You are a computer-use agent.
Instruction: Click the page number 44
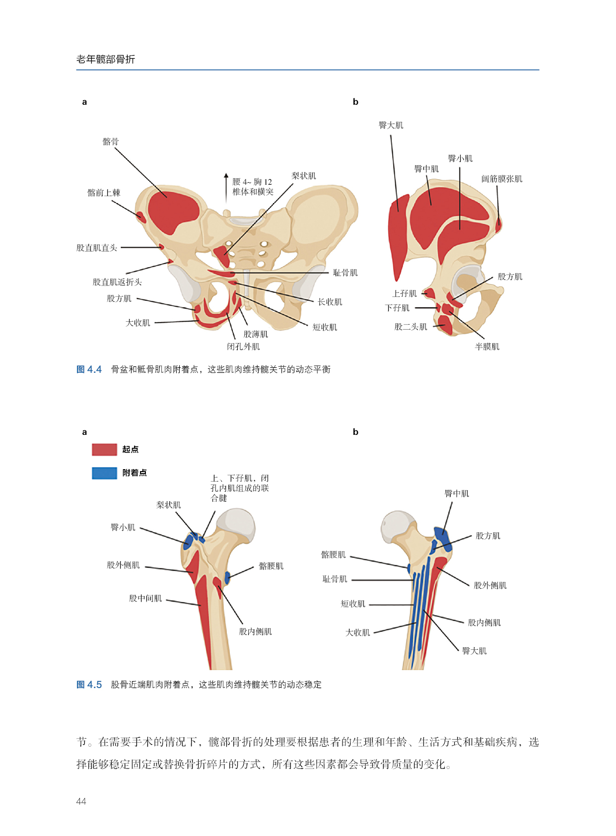coord(81,801)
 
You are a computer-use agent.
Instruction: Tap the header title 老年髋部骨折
coord(105,60)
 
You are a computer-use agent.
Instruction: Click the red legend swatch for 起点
coord(104,449)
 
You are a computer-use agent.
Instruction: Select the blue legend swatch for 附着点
coord(104,473)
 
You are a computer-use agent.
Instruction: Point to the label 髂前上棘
coord(104,193)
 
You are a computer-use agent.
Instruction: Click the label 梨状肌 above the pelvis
coord(303,176)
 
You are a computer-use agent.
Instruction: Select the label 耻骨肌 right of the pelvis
coord(345,273)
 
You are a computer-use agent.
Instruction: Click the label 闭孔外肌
coord(243,347)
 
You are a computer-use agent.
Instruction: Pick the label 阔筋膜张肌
coord(501,179)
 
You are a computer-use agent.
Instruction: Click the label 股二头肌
coord(411,327)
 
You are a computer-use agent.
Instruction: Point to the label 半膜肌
coord(487,347)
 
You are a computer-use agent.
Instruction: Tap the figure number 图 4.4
coord(89,369)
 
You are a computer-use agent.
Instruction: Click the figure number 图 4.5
coord(89,685)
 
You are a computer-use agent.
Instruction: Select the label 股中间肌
coord(145,598)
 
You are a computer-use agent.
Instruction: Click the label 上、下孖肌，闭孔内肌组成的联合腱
coord(239,488)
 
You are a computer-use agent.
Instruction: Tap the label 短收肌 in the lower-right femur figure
coord(353,604)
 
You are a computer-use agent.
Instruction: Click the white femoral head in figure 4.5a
coord(238,524)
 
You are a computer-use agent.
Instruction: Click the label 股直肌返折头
coord(117,282)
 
